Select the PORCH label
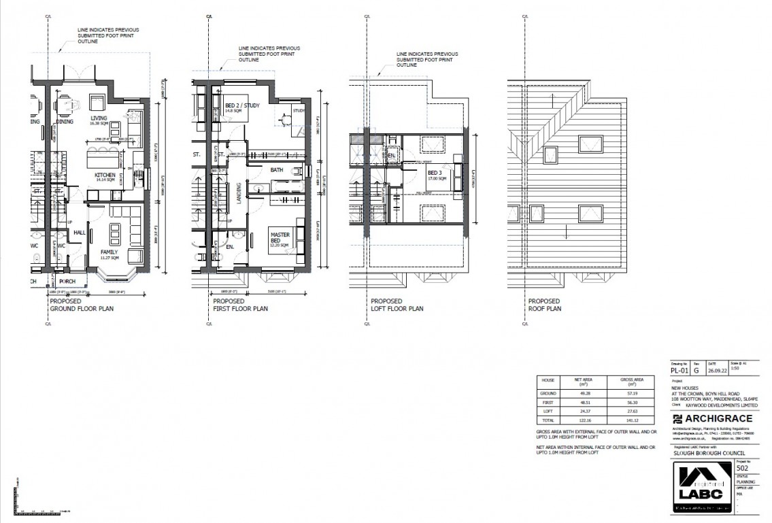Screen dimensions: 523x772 point(67,280)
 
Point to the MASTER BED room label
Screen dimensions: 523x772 point(280,237)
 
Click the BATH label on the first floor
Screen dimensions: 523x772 point(276,169)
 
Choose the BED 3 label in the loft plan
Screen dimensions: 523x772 point(435,173)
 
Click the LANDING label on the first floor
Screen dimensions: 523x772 point(239,193)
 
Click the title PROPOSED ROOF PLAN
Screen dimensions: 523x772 point(545,305)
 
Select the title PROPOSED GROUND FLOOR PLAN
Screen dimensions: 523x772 point(82,305)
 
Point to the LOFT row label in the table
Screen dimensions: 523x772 point(548,412)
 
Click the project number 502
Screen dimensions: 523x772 point(743,468)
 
